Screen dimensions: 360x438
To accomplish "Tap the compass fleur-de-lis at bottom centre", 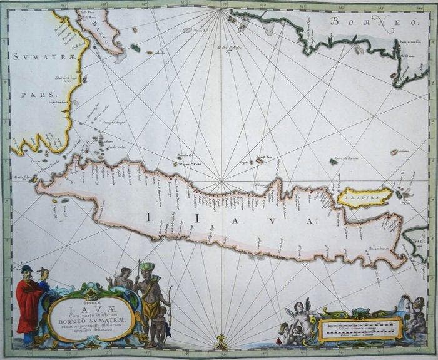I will (x=220, y=343).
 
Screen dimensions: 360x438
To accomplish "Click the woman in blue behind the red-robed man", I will (x=44, y=277).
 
